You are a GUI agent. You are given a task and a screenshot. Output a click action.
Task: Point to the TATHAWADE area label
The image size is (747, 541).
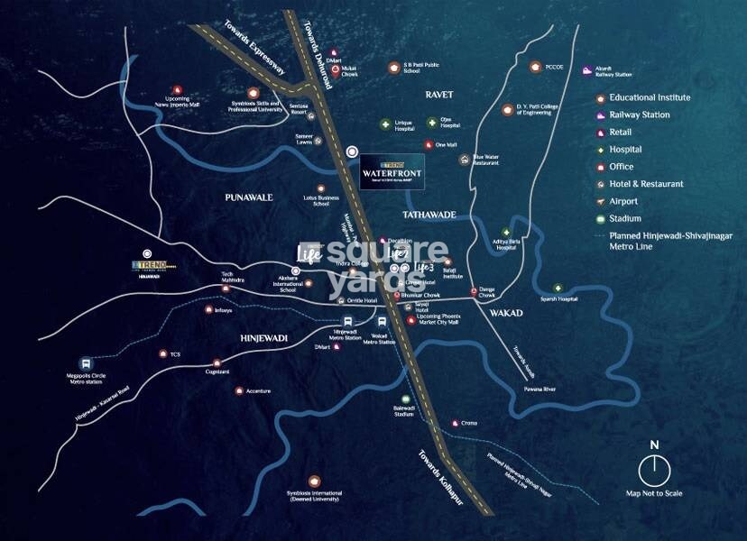tap(429, 215)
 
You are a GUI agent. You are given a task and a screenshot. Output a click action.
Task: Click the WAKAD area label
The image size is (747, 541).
tap(506, 313)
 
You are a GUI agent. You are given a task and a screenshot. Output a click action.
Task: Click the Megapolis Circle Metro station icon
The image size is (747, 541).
tap(86, 364)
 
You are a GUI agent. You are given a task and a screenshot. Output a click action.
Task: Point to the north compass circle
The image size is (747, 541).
tap(654, 470)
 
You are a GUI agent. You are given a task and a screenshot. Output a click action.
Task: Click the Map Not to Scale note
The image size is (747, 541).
tap(654, 493)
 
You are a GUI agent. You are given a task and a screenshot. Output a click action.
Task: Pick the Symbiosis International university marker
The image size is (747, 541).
tap(313, 481)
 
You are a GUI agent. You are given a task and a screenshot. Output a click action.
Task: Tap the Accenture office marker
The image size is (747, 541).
tap(239, 390)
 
